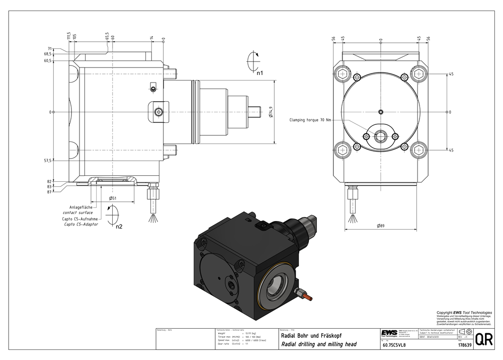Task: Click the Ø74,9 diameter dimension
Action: click(271, 112)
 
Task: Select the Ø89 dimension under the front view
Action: click(381, 226)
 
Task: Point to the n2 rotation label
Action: click(119, 227)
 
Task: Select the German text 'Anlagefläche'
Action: click(80, 207)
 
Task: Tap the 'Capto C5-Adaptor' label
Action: click(80, 224)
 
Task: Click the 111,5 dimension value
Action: click(68, 36)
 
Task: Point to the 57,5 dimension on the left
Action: click(48, 160)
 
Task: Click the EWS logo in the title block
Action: click(389, 333)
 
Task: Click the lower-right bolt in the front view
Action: click(418, 150)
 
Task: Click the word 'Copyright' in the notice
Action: click(444, 313)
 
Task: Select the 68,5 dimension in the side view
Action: click(48, 54)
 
